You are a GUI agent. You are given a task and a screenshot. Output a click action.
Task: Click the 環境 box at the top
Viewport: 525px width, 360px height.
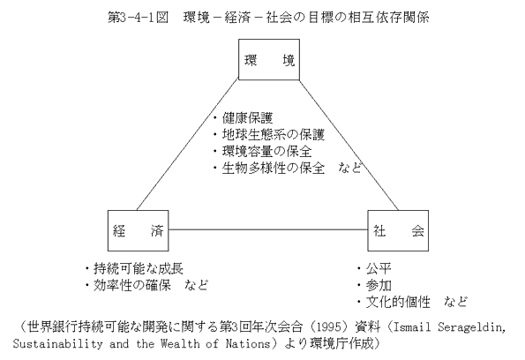(x=269, y=60)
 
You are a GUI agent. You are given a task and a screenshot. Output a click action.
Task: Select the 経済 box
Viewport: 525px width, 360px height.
(x=138, y=230)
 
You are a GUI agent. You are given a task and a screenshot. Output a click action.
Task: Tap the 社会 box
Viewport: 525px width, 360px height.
(x=398, y=230)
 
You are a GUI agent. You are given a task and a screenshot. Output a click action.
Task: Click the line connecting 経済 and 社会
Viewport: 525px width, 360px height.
(x=268, y=229)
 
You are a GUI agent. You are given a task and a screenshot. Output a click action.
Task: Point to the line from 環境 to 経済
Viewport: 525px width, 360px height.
(x=187, y=145)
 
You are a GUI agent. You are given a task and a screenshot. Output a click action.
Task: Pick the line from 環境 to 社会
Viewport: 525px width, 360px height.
(x=349, y=145)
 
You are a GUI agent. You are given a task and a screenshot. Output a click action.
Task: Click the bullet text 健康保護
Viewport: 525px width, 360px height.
(x=247, y=118)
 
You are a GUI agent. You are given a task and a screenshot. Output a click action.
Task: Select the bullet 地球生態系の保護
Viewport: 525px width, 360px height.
(x=274, y=135)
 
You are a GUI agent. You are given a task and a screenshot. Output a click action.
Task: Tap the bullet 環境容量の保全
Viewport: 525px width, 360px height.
(x=266, y=152)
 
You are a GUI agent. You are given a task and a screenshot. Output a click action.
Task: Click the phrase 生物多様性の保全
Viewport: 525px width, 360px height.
(x=274, y=169)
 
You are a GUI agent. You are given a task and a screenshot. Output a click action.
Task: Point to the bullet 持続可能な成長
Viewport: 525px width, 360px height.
(x=139, y=268)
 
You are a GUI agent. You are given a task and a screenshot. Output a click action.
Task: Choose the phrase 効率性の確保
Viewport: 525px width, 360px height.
(x=132, y=285)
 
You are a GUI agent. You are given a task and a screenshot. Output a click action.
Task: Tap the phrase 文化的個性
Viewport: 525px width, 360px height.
(x=398, y=302)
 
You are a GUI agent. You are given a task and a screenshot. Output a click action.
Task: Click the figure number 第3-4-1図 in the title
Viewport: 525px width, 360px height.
(x=138, y=18)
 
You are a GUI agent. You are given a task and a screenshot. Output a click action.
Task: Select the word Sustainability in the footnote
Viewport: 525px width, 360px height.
(x=57, y=343)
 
